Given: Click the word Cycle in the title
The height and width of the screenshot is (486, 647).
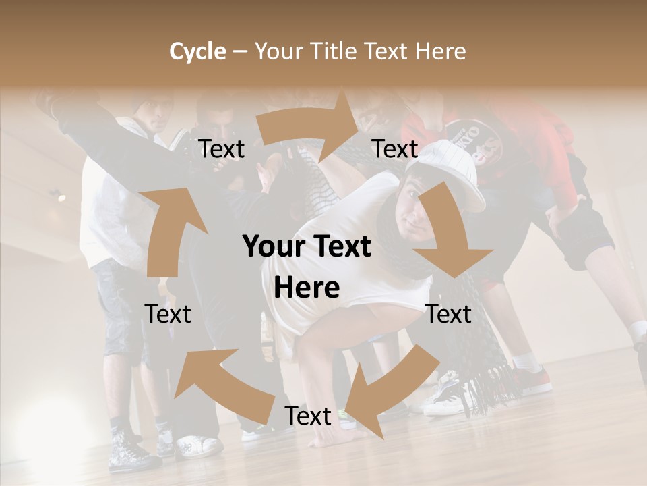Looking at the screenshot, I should pyautogui.click(x=197, y=51).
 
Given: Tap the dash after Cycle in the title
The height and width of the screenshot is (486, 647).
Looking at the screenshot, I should pyautogui.click(x=240, y=52).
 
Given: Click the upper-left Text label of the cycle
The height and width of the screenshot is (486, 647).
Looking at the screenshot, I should pyautogui.click(x=221, y=149).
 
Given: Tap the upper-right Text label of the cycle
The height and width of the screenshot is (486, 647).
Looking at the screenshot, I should pyautogui.click(x=395, y=149).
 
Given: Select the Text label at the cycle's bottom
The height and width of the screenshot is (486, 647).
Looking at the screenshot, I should pyautogui.click(x=308, y=416).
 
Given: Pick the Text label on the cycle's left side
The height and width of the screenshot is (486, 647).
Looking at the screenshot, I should pyautogui.click(x=168, y=314).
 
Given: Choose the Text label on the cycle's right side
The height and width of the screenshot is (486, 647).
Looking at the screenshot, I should pyautogui.click(x=448, y=314).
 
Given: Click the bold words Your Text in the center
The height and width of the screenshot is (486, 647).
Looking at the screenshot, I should pyautogui.click(x=307, y=247).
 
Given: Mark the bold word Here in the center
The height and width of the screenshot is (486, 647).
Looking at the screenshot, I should pyautogui.click(x=307, y=288).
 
